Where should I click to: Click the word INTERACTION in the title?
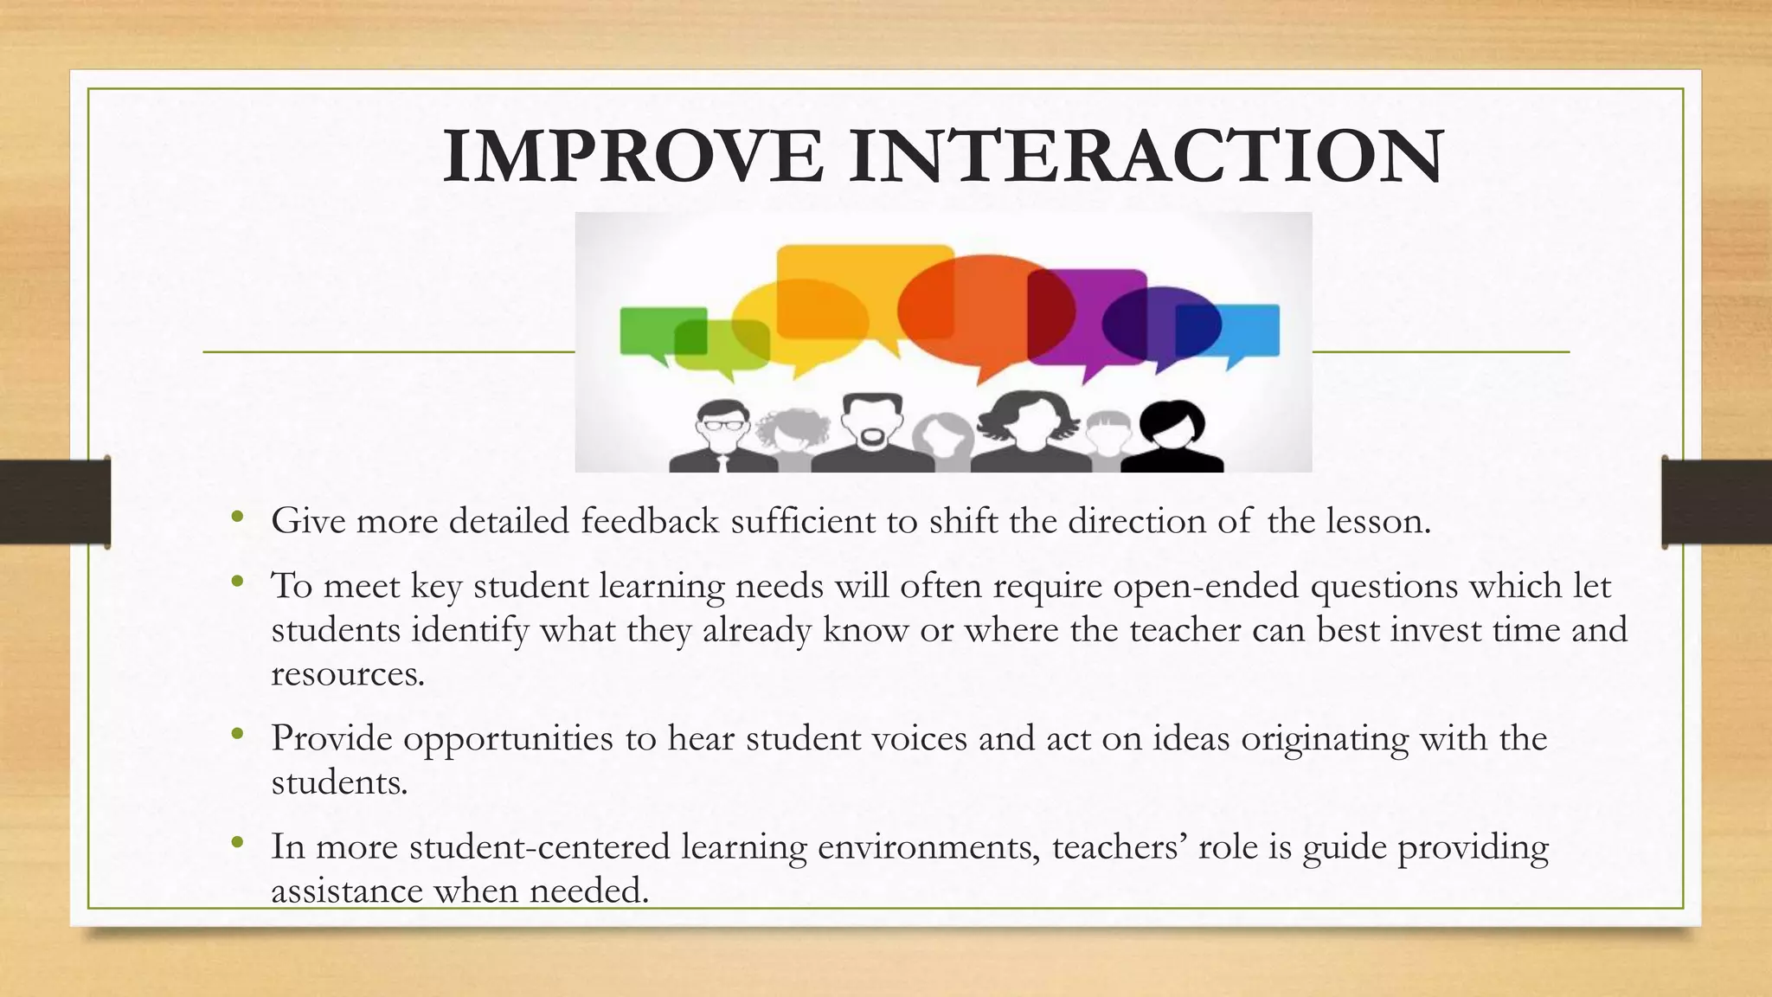pyautogui.click(x=1146, y=157)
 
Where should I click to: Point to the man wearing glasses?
pyautogui.click(x=722, y=437)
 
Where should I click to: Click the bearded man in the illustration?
pyautogui.click(x=871, y=433)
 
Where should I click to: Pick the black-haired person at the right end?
pyautogui.click(x=1172, y=437)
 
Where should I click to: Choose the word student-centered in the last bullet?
pyautogui.click(x=540, y=847)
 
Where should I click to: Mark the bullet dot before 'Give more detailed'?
pyautogui.click(x=237, y=518)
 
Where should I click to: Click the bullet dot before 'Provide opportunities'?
pyautogui.click(x=237, y=736)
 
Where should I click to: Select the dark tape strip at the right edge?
pyautogui.click(x=1717, y=502)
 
